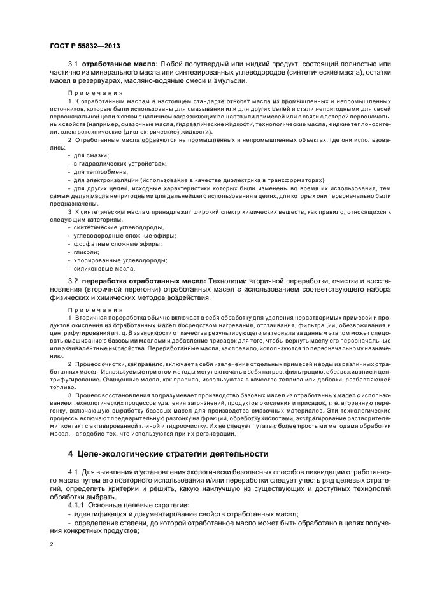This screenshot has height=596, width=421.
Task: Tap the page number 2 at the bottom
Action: tap(52, 544)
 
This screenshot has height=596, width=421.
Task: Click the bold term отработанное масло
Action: tap(120, 64)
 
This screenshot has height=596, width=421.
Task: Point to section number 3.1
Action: tap(73, 64)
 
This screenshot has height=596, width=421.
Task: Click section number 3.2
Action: tap(73, 281)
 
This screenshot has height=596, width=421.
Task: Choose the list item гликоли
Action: tap(86, 252)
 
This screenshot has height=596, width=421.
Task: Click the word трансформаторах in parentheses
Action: tap(295, 180)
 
